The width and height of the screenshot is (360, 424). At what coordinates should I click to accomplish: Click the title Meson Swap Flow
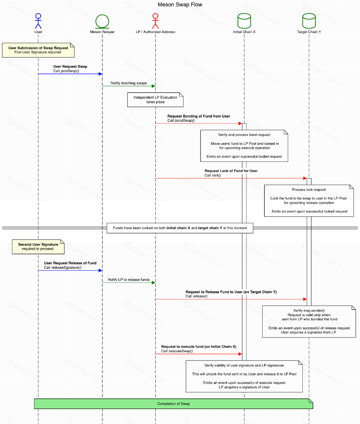tap(180, 5)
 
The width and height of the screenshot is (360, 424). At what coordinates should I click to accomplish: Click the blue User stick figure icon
tap(38, 21)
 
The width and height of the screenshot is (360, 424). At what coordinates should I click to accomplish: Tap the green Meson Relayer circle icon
tap(102, 21)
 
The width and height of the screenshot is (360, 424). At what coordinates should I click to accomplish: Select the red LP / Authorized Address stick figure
tap(155, 21)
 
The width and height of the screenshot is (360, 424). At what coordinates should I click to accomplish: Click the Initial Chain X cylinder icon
tap(244, 21)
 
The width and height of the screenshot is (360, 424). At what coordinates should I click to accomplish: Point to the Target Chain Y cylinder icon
tap(309, 21)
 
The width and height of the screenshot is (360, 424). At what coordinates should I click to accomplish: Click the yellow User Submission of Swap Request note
tap(38, 50)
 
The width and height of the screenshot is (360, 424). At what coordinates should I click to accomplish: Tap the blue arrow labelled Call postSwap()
tap(70, 74)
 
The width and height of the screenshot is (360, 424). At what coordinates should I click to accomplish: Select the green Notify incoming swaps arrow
tap(129, 86)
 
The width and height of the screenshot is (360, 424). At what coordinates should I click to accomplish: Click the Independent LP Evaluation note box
tap(155, 100)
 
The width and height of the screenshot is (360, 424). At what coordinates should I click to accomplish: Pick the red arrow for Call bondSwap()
tap(198, 123)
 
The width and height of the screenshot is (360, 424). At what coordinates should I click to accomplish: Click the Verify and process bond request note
tap(244, 146)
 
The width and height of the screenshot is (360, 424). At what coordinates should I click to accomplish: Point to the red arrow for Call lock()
tap(231, 178)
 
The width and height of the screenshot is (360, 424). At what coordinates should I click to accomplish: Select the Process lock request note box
tap(309, 201)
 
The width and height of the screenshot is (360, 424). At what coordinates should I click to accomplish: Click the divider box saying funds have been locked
tap(180, 228)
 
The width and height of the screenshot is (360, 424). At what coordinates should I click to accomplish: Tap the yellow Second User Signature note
tap(38, 247)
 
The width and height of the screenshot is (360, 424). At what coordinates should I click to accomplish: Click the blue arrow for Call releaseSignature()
tap(70, 271)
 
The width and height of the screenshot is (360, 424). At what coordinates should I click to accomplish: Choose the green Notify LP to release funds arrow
tap(129, 283)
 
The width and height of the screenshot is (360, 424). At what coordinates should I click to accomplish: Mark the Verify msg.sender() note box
tap(309, 322)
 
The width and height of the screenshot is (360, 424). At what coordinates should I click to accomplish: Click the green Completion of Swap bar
tap(173, 404)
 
